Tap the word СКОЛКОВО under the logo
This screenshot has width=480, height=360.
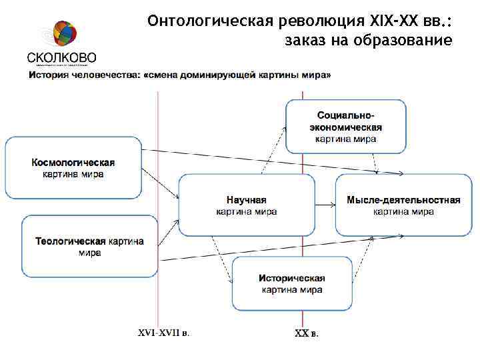[x=62, y=57]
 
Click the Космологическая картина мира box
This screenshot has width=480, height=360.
[x=73, y=167]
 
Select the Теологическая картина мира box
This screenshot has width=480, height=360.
[x=89, y=246]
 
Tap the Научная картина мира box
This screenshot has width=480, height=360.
[x=246, y=205]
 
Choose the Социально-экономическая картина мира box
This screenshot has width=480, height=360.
[x=345, y=127]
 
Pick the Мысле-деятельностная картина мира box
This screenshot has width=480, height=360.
[x=403, y=205]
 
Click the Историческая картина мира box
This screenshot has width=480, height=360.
[x=292, y=283]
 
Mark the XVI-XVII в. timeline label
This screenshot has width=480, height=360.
[x=163, y=332]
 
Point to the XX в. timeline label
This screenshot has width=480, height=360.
[x=306, y=333]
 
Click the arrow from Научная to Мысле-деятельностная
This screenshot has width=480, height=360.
[x=325, y=205]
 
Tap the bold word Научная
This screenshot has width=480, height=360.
[x=246, y=200]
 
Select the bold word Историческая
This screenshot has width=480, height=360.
[x=292, y=278]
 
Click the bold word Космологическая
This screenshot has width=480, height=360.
[x=73, y=162]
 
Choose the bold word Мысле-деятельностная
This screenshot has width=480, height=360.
[x=403, y=200]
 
